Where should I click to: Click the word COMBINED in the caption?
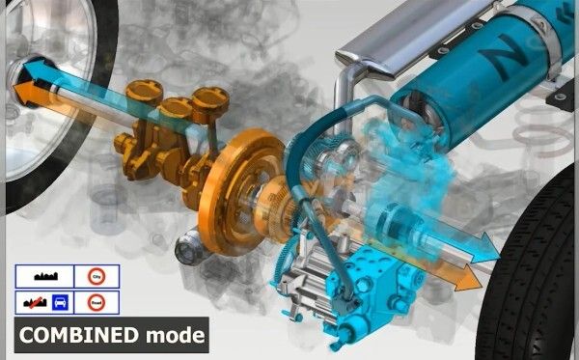[76, 336]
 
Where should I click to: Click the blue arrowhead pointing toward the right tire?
[487, 253]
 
